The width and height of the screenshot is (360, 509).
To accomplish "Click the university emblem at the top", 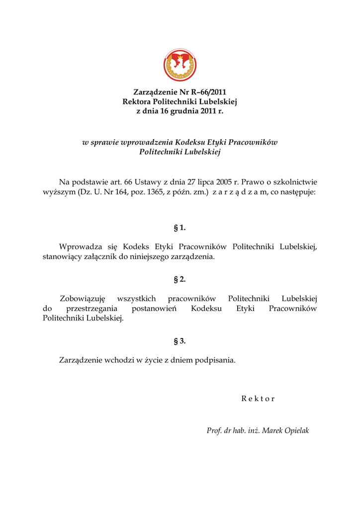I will (x=180, y=66).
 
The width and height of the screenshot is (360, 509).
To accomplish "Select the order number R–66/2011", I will (x=208, y=92).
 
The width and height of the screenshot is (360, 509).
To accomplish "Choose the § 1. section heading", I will (x=180, y=228).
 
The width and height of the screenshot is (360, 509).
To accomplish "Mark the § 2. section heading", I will (x=180, y=279).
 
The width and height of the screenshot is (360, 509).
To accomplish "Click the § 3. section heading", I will (x=180, y=341).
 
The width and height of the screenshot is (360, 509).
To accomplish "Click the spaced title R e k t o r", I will (x=258, y=399).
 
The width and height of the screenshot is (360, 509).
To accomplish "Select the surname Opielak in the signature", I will (x=296, y=430).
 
